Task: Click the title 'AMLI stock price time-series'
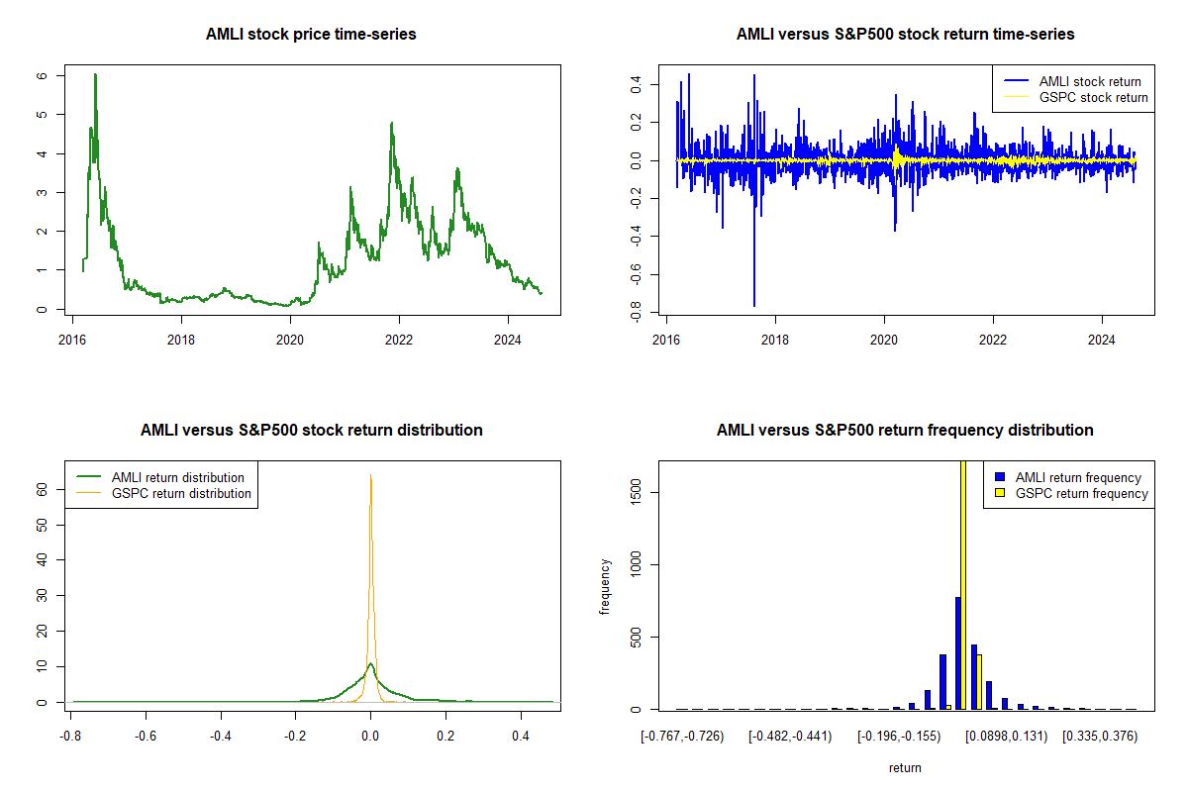[311, 34]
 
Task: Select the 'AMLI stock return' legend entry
[1072, 81]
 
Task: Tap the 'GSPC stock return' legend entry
[1075, 97]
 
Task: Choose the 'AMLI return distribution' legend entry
[160, 477]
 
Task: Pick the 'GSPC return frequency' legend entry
[1071, 493]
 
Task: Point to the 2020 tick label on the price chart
[290, 340]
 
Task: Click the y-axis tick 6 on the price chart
[42, 75]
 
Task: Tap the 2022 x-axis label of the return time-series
[993, 340]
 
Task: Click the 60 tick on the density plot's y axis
[42, 489]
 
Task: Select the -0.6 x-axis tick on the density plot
[146, 736]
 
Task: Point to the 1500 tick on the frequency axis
[636, 492]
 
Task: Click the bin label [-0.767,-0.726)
[682, 736]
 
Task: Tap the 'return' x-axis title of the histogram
[905, 767]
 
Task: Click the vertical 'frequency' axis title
[605, 587]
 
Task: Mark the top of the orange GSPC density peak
[370, 475]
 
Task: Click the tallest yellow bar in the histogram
[963, 584]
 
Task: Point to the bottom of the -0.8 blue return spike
[754, 306]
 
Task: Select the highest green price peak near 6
[95, 74]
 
